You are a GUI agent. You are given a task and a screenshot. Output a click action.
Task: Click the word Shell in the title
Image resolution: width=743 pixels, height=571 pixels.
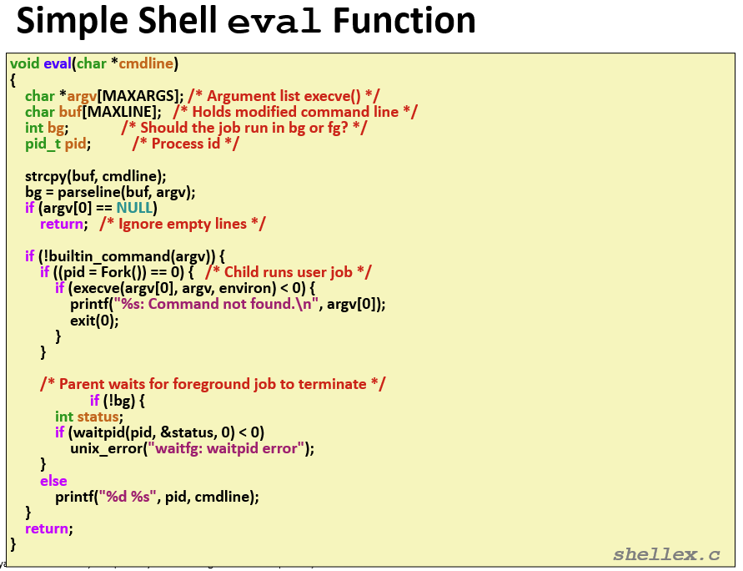point(178,20)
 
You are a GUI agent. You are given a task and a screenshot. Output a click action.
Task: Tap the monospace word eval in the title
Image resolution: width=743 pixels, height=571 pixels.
point(274,23)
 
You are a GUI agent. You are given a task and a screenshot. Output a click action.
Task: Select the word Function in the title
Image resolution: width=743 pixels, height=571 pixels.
point(404,20)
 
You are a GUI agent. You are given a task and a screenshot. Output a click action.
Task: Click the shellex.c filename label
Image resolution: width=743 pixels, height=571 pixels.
point(666,554)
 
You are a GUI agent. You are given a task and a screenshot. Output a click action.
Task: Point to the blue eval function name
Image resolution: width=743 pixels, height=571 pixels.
point(58,63)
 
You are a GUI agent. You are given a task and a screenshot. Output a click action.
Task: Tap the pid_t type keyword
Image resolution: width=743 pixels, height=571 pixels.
point(43,144)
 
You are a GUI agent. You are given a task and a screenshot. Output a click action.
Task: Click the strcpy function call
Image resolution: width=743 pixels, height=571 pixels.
point(46,176)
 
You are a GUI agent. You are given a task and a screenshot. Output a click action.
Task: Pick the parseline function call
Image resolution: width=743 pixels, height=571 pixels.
point(88,192)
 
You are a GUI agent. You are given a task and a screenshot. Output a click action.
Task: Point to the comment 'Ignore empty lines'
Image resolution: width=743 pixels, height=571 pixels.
point(183,224)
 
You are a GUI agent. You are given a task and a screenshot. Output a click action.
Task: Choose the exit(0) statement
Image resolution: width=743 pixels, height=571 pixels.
point(94,321)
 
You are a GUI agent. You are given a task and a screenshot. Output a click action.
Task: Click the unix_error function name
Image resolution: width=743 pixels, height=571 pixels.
point(107,448)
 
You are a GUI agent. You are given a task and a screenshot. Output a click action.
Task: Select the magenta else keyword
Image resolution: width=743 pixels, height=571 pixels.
point(53,481)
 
